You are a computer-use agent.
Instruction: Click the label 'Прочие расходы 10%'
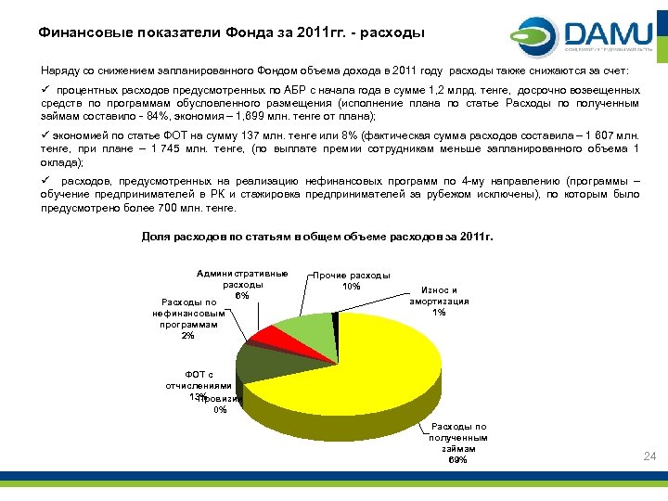352,281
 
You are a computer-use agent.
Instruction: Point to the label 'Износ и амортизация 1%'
439,301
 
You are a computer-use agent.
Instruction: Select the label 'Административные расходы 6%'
242,284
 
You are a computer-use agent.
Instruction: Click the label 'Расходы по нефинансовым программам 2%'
188,318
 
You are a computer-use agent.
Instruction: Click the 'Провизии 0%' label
220,403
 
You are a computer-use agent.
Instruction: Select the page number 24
649,456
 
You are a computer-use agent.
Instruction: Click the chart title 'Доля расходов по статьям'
317,237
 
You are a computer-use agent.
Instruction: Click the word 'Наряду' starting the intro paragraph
57,70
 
